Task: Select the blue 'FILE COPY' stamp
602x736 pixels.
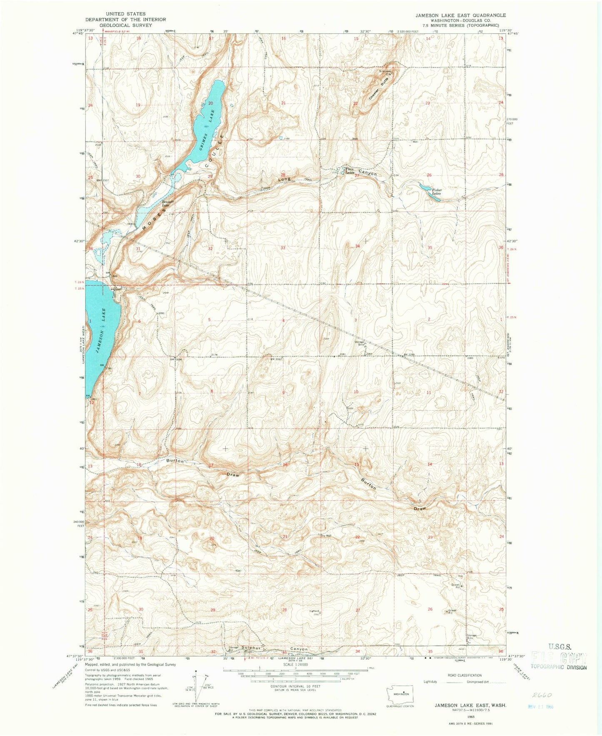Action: pos(558,659)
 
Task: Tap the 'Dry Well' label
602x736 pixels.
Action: pos(326,536)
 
